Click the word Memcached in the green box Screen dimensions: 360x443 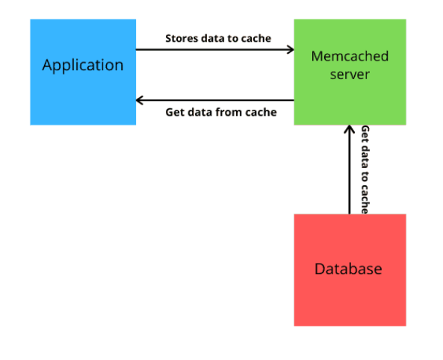point(350,57)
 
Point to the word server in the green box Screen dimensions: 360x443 point(350,74)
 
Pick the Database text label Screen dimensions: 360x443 point(348,269)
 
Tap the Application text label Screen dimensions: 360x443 point(83,65)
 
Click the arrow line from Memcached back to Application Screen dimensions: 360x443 point(217,100)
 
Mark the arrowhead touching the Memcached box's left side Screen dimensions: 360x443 point(291,50)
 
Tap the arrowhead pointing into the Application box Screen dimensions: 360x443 point(140,100)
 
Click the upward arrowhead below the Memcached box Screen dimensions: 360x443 point(349,130)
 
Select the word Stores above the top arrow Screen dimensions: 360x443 point(181,38)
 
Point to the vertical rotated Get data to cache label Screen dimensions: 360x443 point(365,170)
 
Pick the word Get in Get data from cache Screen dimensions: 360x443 point(175,113)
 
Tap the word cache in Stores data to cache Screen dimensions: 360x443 point(256,38)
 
